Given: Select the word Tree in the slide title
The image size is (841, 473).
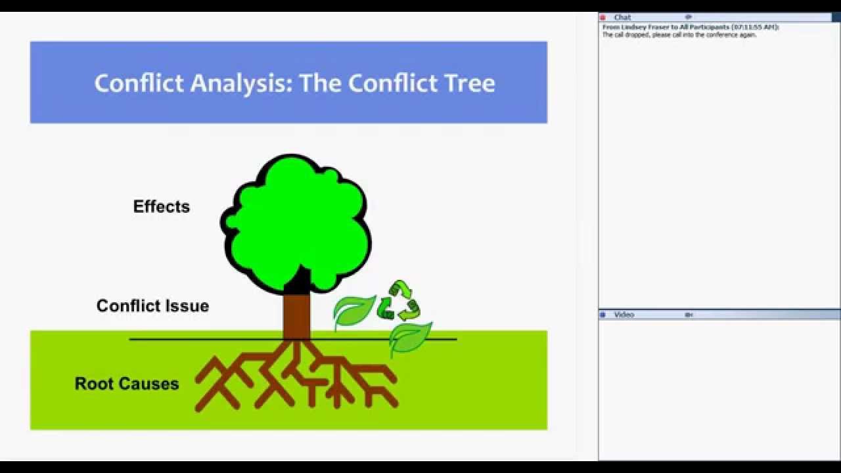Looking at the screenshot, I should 468,83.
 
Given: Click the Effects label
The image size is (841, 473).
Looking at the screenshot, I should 162,206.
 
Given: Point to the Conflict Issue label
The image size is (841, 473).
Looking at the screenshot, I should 152,305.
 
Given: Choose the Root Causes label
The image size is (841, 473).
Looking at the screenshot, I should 127,384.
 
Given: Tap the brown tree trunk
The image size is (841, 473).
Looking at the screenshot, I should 296,315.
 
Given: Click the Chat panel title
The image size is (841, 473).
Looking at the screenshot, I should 622,17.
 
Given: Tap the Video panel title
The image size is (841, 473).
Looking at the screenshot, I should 624,315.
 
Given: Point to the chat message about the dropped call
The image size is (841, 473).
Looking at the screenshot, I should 679,35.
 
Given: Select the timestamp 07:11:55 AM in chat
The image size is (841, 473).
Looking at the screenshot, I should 758,27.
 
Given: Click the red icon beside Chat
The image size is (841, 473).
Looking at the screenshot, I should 603,17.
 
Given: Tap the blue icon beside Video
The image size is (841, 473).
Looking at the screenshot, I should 603,315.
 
